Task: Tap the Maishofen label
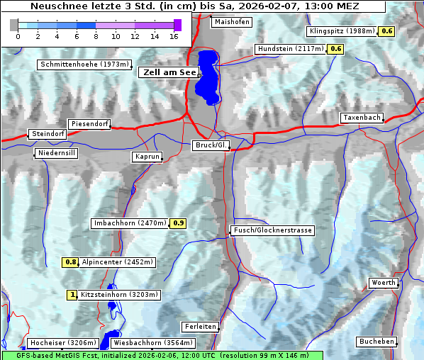231,22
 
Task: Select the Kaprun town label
147,157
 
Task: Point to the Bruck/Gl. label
211,145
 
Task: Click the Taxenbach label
362,118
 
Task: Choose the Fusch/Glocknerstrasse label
272,230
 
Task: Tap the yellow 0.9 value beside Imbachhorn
179,223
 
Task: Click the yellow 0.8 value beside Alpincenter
71,262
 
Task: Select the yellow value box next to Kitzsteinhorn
72,295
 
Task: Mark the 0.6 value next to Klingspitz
387,31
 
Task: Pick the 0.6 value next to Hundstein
336,49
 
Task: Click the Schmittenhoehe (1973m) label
85,64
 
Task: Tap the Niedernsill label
56,153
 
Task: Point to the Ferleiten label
199,327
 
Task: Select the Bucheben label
376,342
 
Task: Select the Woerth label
384,283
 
